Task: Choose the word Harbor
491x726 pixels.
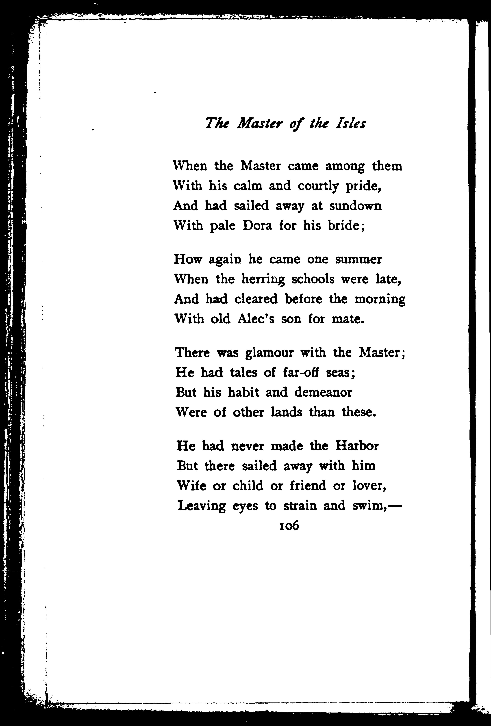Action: click(x=357, y=446)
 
